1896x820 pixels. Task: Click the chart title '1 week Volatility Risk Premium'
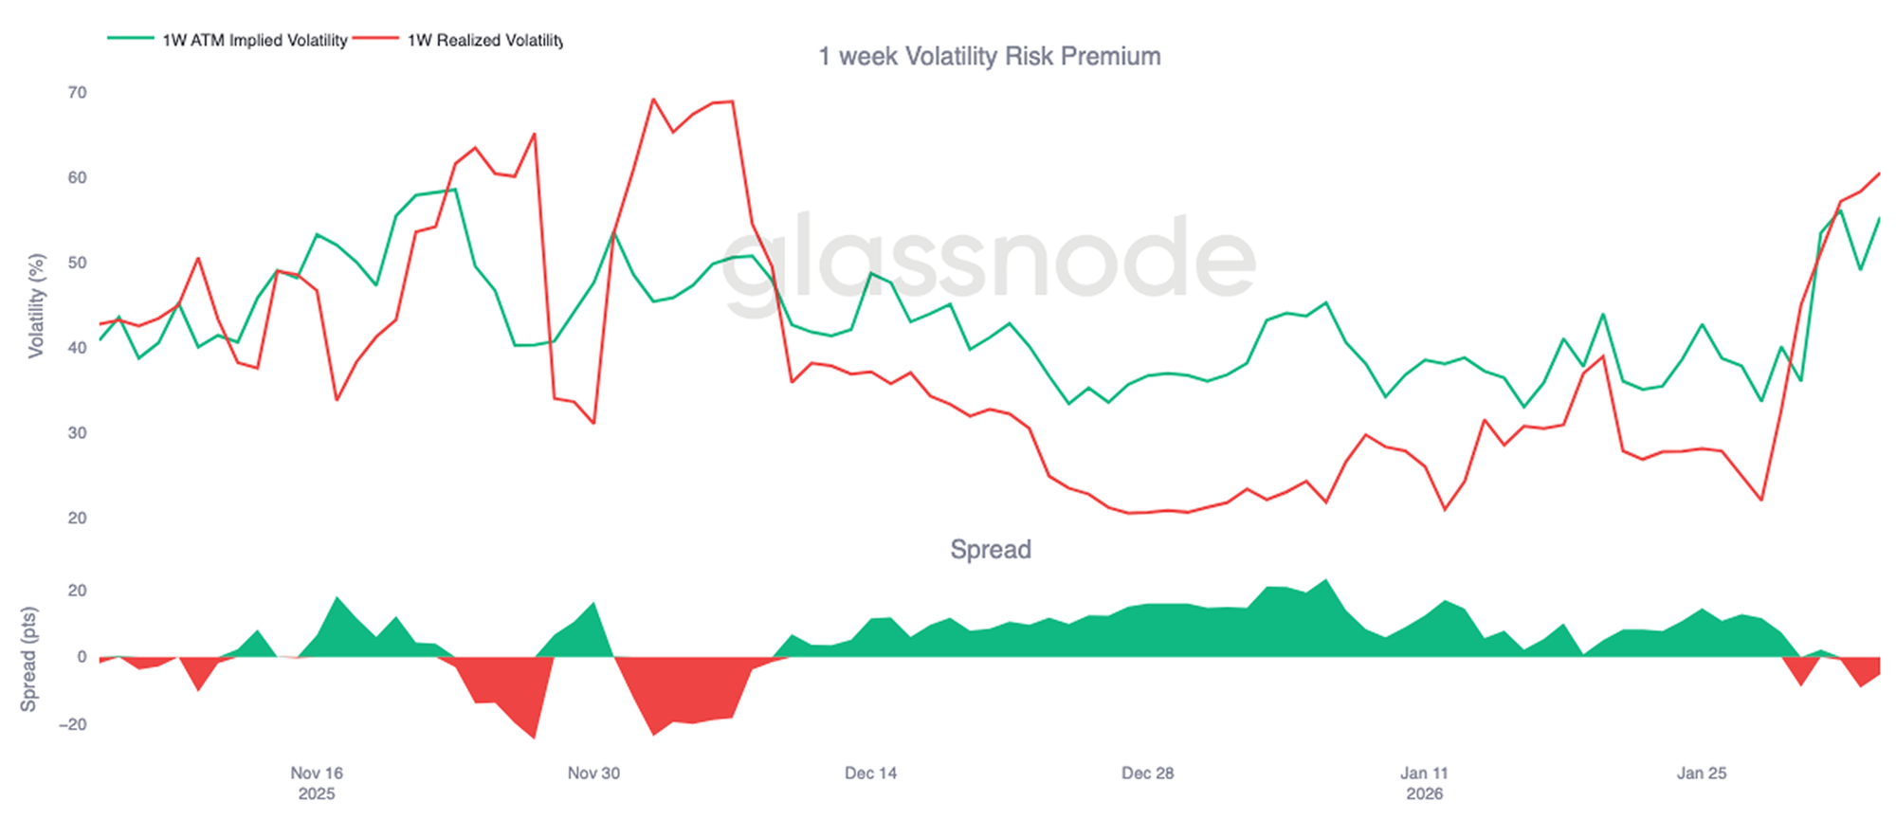tap(990, 57)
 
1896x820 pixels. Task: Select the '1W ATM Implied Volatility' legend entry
tap(254, 41)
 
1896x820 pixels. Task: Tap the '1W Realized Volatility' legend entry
tap(484, 41)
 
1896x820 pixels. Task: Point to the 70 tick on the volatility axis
tap(77, 93)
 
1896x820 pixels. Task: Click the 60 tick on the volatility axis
tap(77, 178)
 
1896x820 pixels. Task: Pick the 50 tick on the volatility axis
tap(77, 263)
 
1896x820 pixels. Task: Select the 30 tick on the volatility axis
tap(77, 433)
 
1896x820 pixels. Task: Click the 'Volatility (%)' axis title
tap(37, 305)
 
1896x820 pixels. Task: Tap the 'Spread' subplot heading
tap(991, 550)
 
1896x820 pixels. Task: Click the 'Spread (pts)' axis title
tap(29, 659)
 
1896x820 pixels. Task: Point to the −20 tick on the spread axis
tap(72, 725)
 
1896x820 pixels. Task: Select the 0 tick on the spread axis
tap(82, 657)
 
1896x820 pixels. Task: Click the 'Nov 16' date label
tap(317, 774)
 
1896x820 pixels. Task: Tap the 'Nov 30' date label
tap(593, 774)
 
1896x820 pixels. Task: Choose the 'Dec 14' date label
tap(870, 774)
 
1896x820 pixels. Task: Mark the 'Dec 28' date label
tap(1147, 774)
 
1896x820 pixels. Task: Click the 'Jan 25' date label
tap(1702, 774)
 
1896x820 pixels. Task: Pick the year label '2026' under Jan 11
tap(1424, 794)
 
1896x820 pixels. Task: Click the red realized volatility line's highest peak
tap(653, 99)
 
